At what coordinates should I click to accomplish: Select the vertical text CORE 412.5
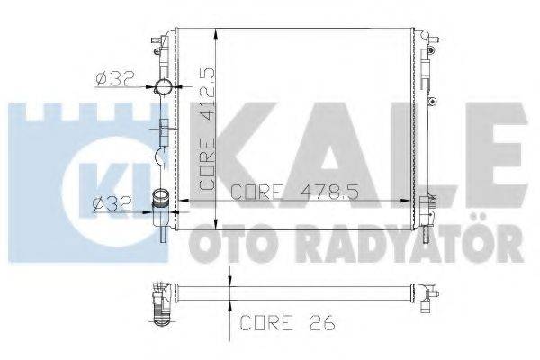pyautogui.click(x=207, y=126)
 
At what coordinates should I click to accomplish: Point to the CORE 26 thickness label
pyautogui.click(x=280, y=319)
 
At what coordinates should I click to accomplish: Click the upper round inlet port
pyautogui.click(x=165, y=87)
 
